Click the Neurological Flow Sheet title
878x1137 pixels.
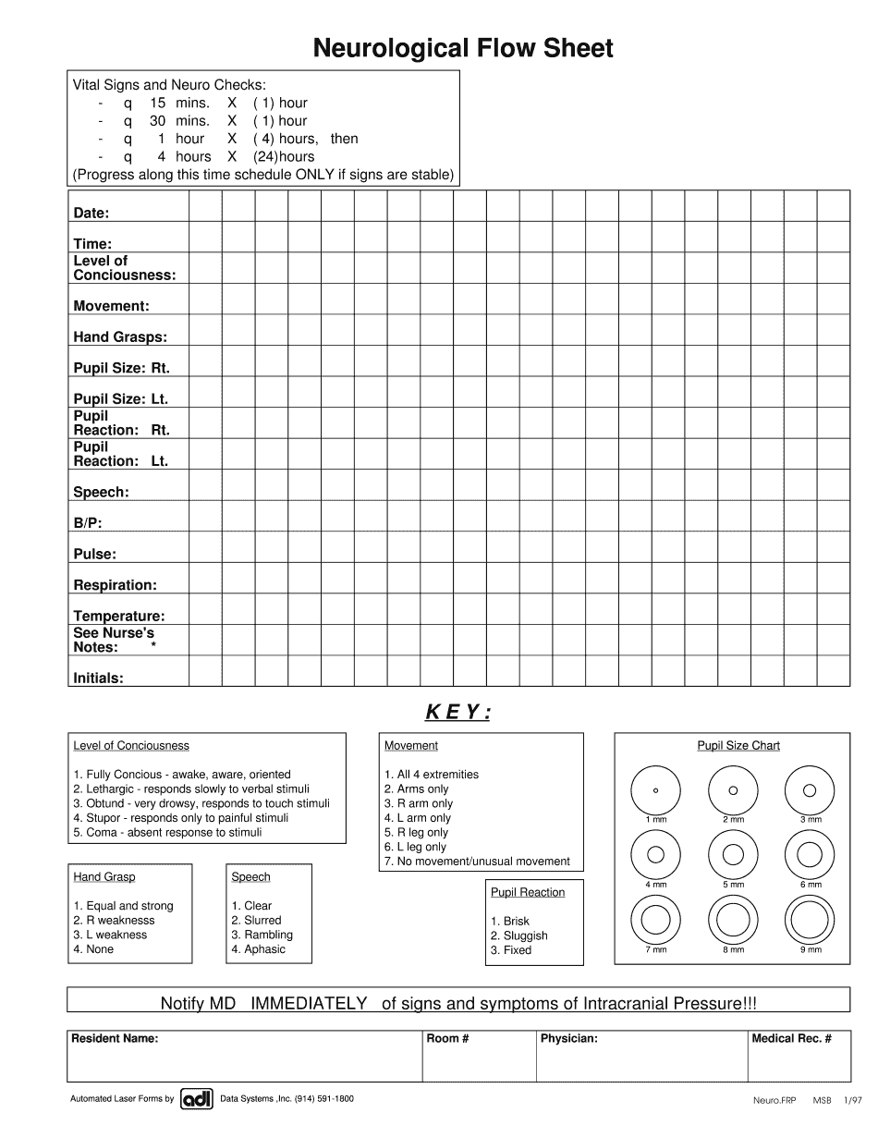pyautogui.click(x=462, y=48)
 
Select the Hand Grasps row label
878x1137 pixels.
pyautogui.click(x=120, y=337)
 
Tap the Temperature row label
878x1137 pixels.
pyautogui.click(x=119, y=616)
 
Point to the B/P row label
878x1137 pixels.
pyautogui.click(x=88, y=523)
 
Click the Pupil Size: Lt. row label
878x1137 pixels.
pyautogui.click(x=120, y=399)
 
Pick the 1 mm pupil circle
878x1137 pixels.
pyautogui.click(x=655, y=790)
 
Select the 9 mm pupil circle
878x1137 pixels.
pyautogui.click(x=810, y=921)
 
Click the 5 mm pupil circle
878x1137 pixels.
pyautogui.click(x=733, y=854)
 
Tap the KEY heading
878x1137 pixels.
pyautogui.click(x=457, y=712)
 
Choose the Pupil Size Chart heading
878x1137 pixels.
pyautogui.click(x=738, y=746)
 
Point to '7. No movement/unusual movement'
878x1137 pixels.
pyautogui.click(x=477, y=862)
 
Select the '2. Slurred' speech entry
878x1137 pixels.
pyautogui.click(x=256, y=921)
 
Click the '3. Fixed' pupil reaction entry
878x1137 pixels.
pyautogui.click(x=511, y=950)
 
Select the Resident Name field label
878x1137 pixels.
pyautogui.click(x=115, y=1039)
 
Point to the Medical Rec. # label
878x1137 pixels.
pyautogui.click(x=791, y=1039)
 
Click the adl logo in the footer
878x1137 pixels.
pyautogui.click(x=197, y=1099)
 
